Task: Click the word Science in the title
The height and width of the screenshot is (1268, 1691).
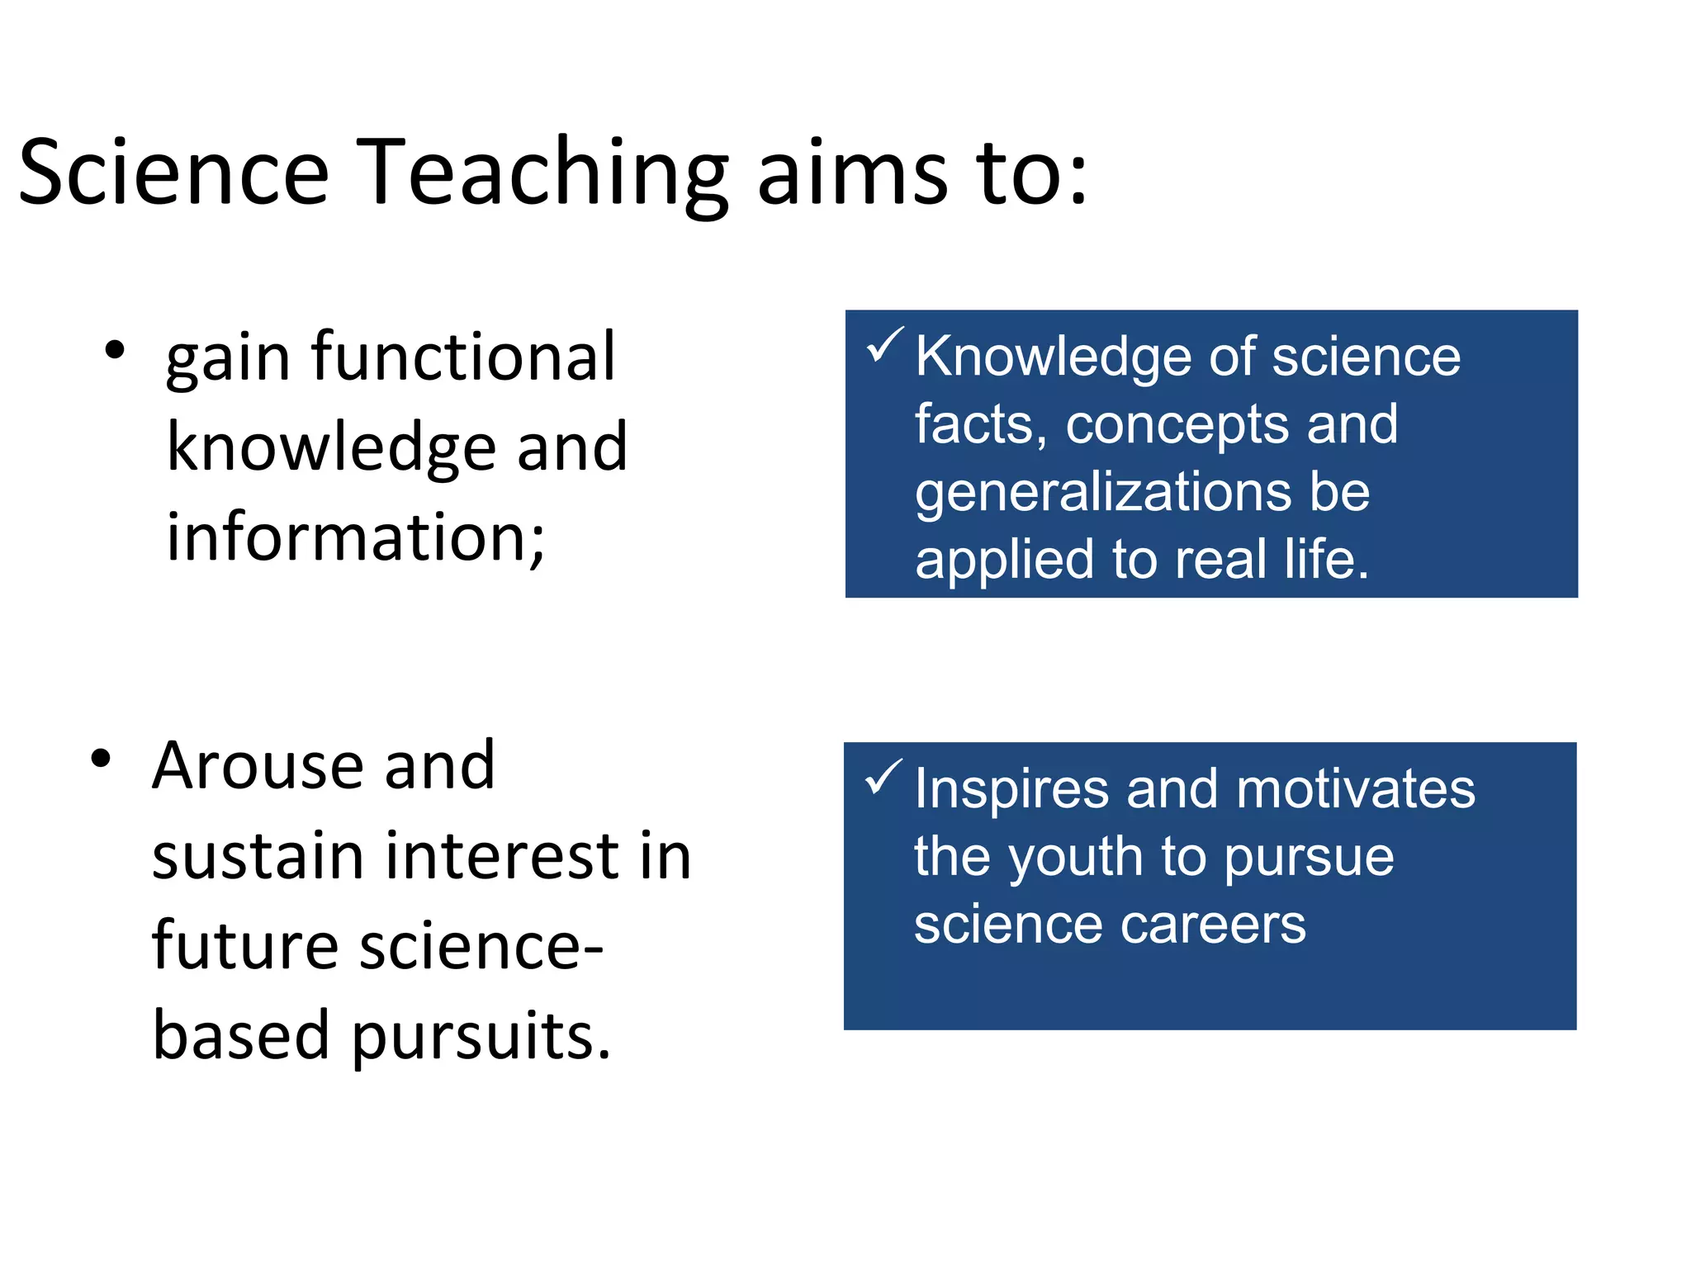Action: (173, 173)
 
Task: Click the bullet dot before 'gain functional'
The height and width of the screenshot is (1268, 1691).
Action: (115, 350)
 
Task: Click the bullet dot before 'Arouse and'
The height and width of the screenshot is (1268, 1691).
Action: (101, 759)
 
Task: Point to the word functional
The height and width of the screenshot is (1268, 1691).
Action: (463, 357)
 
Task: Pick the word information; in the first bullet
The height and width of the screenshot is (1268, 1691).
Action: (356, 537)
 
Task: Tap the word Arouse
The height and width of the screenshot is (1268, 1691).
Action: (257, 765)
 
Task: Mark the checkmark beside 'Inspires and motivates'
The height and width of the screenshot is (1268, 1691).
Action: (883, 778)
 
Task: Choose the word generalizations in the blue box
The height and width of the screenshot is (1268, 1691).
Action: (1102, 493)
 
